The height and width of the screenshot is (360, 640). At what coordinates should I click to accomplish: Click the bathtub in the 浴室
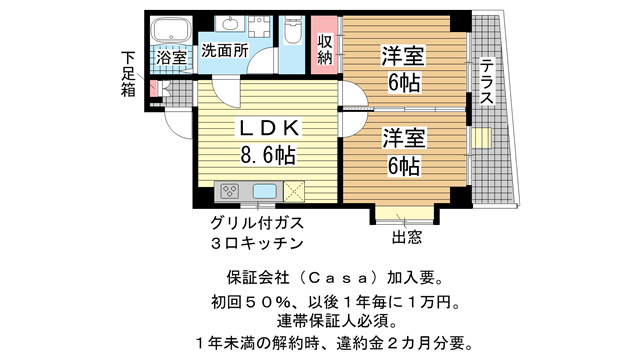point(171,30)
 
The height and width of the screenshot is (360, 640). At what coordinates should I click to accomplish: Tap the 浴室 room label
point(171,58)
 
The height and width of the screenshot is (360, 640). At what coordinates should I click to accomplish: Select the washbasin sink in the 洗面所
point(230,23)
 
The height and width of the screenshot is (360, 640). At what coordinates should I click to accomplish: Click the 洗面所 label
point(225,51)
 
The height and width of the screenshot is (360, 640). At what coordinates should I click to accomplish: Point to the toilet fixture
point(292,30)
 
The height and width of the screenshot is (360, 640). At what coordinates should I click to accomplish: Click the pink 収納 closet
point(324,45)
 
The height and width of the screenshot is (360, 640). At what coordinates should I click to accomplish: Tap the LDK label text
point(269,129)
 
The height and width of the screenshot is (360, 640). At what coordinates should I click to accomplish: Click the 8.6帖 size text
point(268,155)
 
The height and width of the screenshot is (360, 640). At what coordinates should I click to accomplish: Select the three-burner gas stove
point(230,191)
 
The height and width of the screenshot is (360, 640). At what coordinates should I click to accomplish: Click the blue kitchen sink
point(265,191)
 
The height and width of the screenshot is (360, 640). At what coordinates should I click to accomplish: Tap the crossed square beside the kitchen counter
point(294,191)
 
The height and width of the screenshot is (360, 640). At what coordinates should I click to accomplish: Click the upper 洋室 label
point(403,56)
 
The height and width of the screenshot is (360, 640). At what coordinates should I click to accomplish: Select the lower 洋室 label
point(404,138)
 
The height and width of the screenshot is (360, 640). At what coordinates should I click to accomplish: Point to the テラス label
point(487,82)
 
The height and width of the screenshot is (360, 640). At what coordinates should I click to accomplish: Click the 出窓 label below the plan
point(407,237)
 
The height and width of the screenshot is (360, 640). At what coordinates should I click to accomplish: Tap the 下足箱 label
point(128,74)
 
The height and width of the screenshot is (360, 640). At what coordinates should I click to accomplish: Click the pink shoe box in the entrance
point(153,89)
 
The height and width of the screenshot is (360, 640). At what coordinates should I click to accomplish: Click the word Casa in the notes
point(337,278)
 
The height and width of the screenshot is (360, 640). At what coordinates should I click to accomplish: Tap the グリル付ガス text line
point(257,223)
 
